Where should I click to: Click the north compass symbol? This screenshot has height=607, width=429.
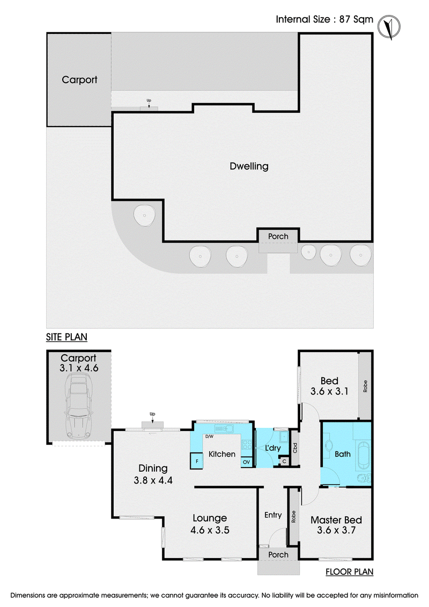click(389, 27)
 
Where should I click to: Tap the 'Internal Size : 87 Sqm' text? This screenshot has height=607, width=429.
click(324, 19)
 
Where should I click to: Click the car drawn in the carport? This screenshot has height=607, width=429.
click(79, 406)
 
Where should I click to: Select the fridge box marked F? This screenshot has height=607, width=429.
click(197, 461)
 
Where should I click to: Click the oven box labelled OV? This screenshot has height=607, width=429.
click(247, 462)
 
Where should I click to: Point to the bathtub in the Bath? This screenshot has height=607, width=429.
click(363, 454)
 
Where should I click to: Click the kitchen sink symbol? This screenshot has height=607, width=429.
click(224, 428)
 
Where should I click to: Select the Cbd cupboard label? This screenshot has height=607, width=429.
click(295, 448)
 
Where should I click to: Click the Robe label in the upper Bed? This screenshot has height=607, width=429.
click(365, 386)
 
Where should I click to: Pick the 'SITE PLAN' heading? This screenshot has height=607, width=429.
click(66, 337)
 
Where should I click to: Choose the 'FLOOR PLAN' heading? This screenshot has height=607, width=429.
click(349, 572)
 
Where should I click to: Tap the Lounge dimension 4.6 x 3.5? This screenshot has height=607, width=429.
click(210, 530)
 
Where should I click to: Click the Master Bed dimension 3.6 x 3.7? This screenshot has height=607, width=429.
click(336, 530)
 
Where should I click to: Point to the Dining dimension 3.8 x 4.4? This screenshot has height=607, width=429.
click(153, 480)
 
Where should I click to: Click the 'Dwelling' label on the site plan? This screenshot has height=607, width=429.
click(249, 166)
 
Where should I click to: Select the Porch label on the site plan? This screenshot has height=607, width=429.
click(278, 236)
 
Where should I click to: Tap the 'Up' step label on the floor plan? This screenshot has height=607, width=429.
click(152, 414)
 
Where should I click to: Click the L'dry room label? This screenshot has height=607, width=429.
click(273, 448)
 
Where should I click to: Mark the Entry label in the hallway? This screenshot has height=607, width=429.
click(273, 515)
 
